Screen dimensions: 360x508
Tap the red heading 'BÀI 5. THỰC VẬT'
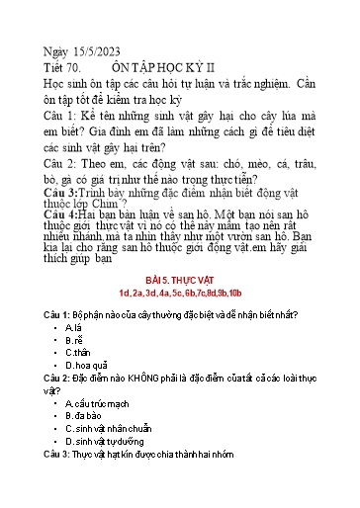(x=179, y=279)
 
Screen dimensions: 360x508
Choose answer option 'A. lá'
(x=74, y=326)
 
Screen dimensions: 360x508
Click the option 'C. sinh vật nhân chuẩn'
(x=108, y=428)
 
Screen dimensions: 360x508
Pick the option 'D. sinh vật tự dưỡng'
(x=107, y=441)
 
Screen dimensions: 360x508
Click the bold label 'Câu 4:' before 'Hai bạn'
(x=64, y=213)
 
